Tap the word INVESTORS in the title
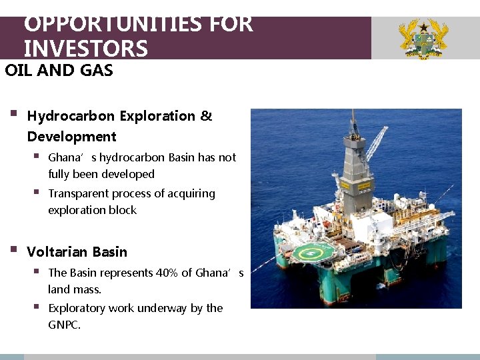coord(85,49)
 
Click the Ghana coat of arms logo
coord(423,39)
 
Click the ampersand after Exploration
coord(206,116)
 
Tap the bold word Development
coord(71,137)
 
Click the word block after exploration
coord(122,210)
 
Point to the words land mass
coord(75,289)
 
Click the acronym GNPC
coord(63,325)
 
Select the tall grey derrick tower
coord(359,160)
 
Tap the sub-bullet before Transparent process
coord(37,193)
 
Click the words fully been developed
coord(101,174)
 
